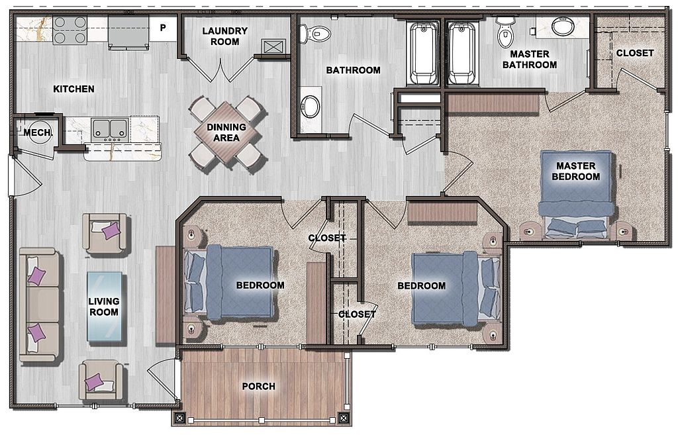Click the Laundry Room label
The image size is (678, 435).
pos(225,36)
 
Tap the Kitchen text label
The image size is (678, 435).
pos(73,89)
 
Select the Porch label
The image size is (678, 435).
pos(259,386)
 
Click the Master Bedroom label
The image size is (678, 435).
pos(575,171)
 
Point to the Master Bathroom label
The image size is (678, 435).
pos(529,60)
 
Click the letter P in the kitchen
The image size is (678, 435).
pos(163,28)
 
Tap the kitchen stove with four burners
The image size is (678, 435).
pos(70,30)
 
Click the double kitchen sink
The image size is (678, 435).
pos(109,130)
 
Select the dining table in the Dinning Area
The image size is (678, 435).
pos(226,132)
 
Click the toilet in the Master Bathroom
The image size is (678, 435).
pos(504,32)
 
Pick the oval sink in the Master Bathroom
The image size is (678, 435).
pos(563,26)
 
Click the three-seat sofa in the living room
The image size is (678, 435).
pos(39,305)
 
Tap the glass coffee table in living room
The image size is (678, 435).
pos(104,307)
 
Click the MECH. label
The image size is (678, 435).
pos(38,132)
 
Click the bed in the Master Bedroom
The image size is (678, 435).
pos(576,194)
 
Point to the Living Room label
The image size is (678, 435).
pos(104,307)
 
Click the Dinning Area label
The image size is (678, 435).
pos(226,132)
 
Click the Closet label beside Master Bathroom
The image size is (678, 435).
pos(635,53)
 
